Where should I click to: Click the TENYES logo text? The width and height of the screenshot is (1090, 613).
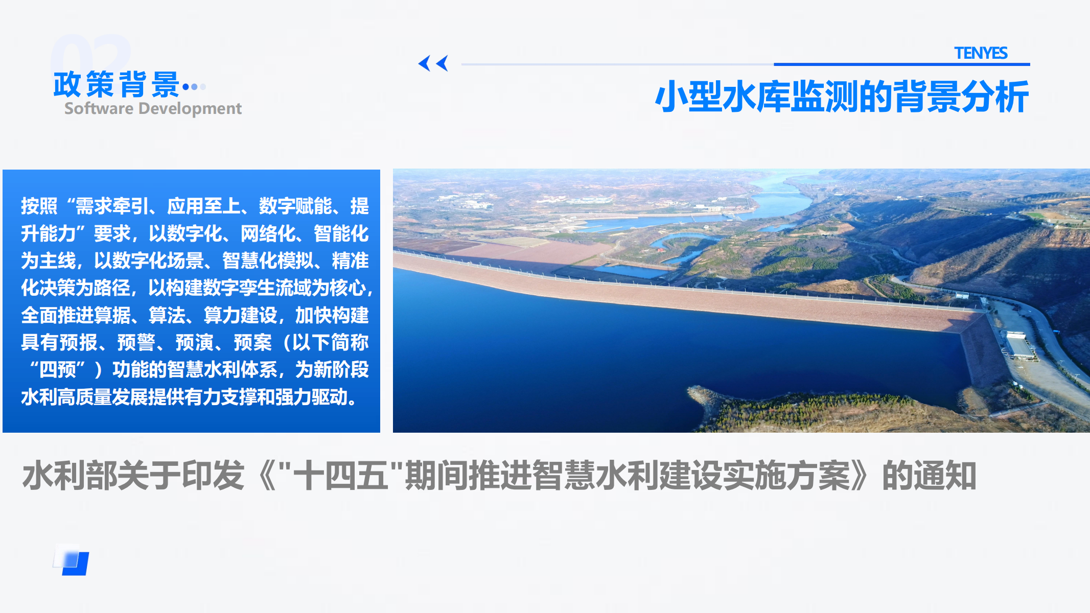pos(981,53)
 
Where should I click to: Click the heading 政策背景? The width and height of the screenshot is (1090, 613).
pos(117,85)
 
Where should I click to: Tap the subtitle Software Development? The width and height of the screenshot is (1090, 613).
pos(153,108)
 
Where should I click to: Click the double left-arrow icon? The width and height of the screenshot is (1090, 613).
pos(433,63)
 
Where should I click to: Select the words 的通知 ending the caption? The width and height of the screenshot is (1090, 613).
pos(929,476)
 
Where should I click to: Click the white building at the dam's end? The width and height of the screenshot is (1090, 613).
pos(1018,345)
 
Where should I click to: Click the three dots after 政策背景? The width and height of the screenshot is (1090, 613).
pos(194,87)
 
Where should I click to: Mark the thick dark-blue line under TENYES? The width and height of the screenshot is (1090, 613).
pos(902,64)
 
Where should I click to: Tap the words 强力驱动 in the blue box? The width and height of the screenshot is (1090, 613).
pos(311,397)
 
